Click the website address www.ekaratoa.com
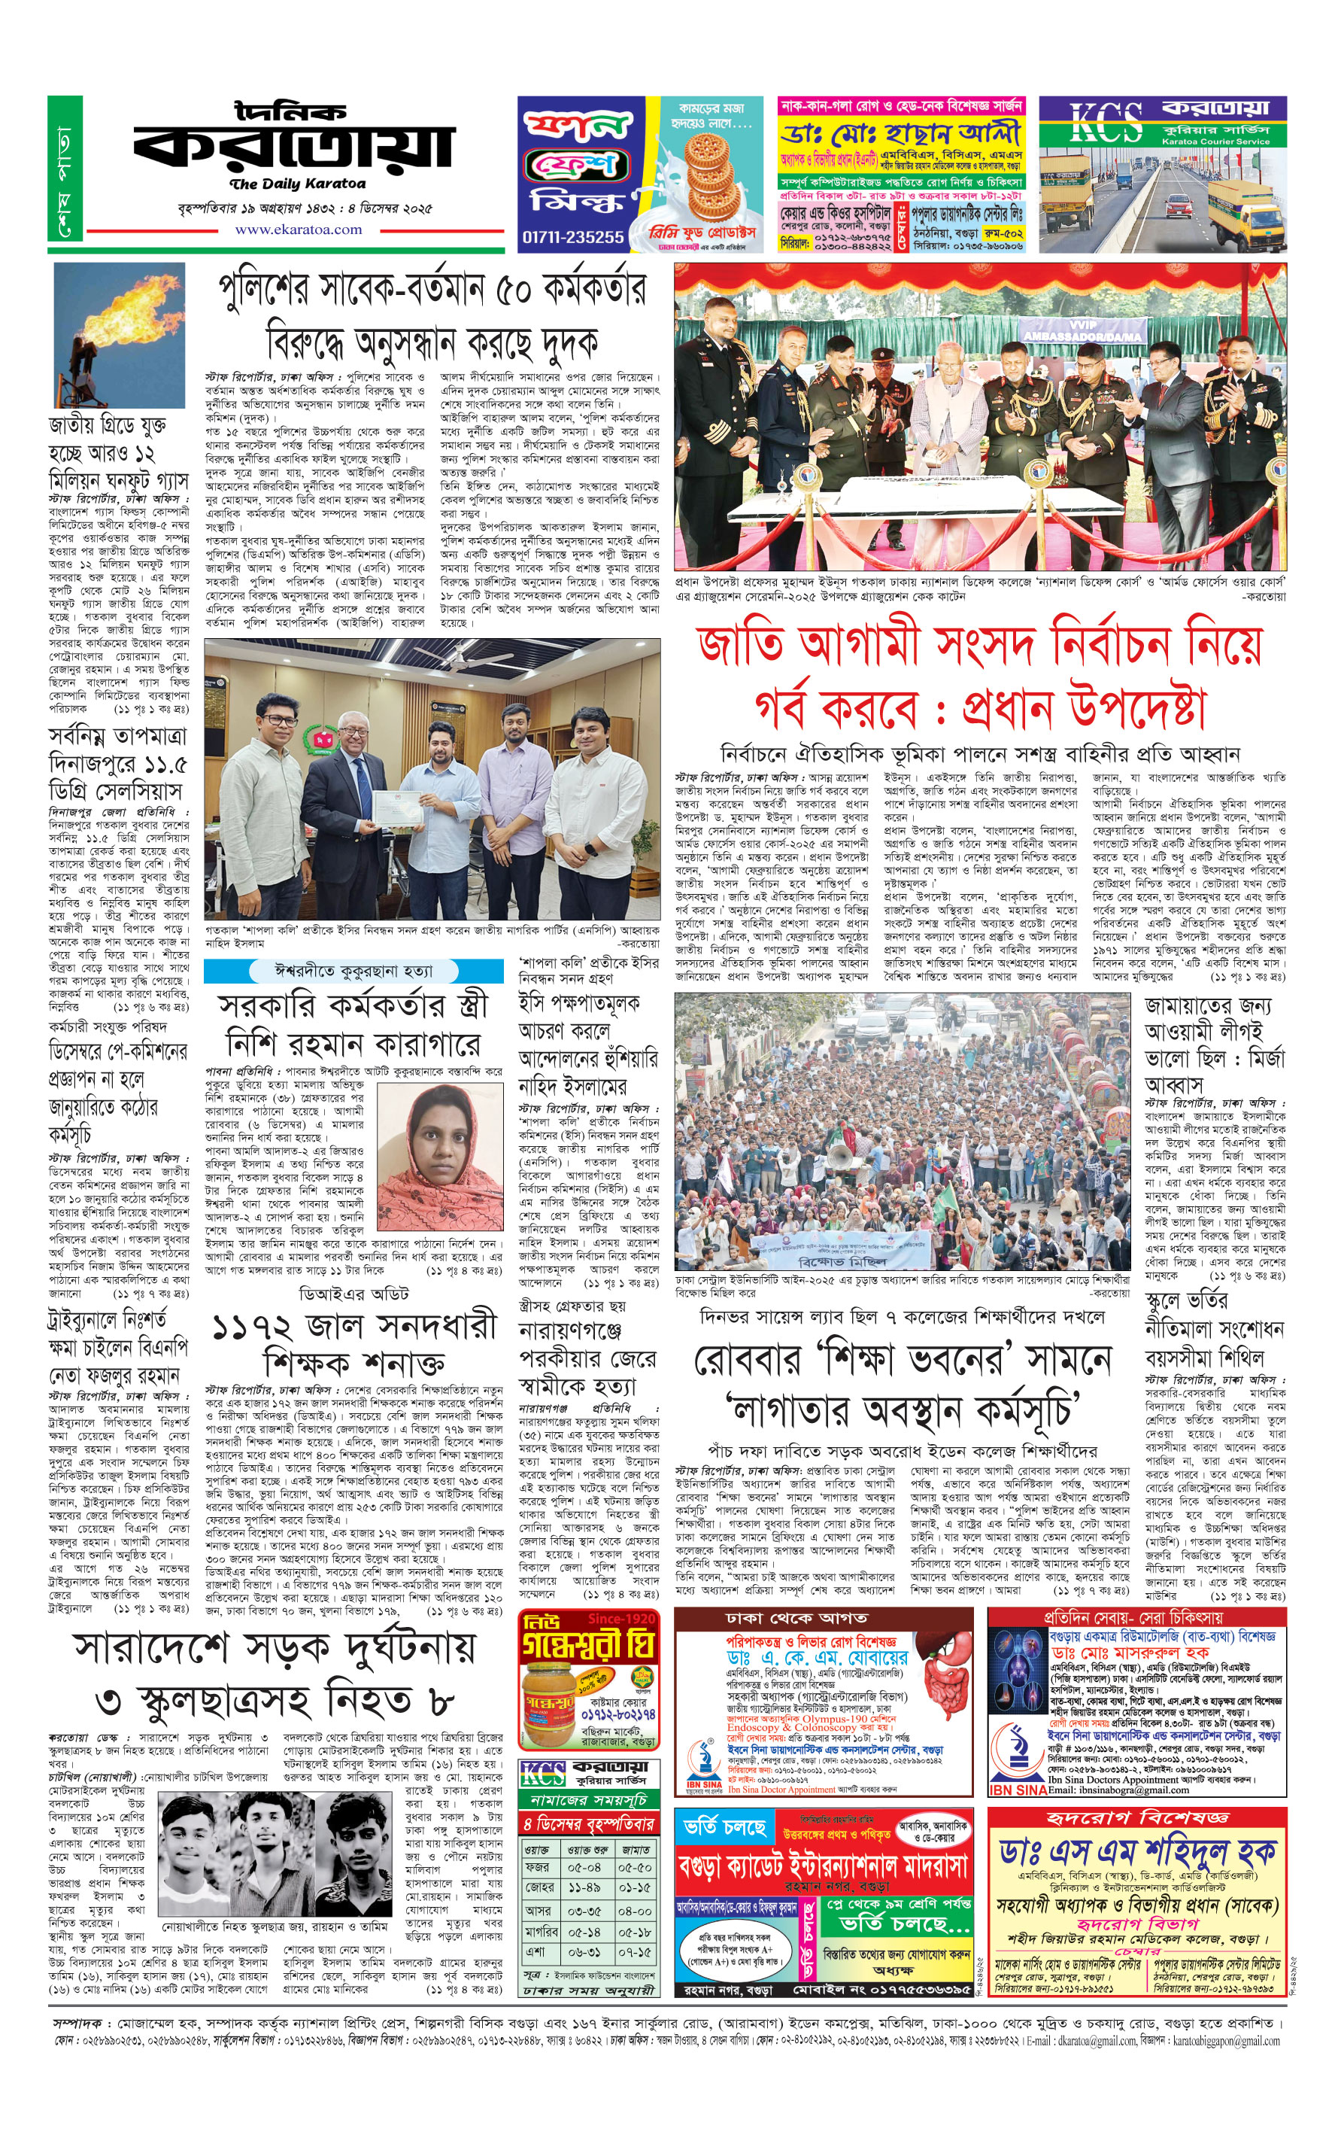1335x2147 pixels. pos(299,230)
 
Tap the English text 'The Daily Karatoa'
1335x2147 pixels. pos(298,184)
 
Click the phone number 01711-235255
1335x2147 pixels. pos(572,237)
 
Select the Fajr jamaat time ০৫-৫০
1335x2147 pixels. pos(635,1868)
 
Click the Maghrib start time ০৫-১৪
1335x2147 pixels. pos(584,1932)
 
